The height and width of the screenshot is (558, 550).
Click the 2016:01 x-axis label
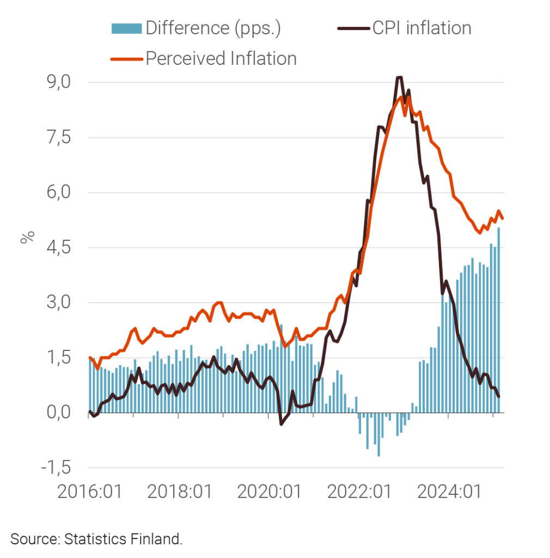pos(89,492)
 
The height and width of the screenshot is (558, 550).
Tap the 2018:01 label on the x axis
pos(179,492)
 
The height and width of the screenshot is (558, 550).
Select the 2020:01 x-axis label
pos(269,492)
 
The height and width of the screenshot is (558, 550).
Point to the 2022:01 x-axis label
pos(359,492)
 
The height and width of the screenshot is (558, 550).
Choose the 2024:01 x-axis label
pos(449,492)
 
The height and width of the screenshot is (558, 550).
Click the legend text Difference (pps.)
pos(213,28)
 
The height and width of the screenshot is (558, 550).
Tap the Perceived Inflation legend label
pos(221,58)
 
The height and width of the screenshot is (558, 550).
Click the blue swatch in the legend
pos(126,28)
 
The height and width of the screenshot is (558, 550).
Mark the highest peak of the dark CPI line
pos(400,77)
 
